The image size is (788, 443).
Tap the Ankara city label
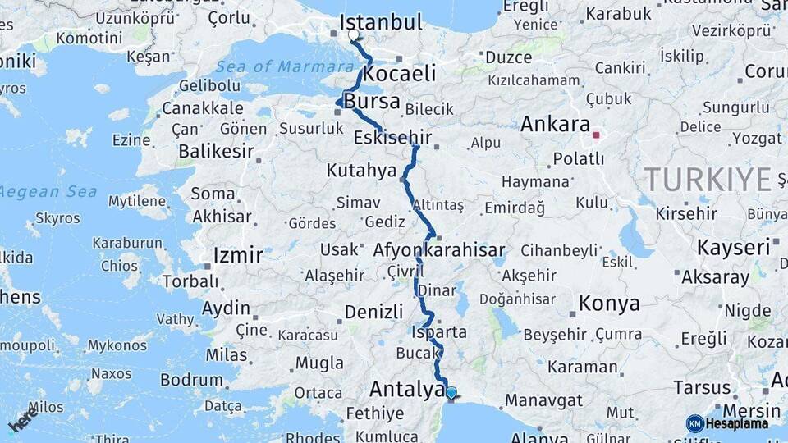(555, 125)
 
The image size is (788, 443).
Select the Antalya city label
(406, 389)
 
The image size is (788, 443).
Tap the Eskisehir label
(392, 137)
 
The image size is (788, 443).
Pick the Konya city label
(608, 304)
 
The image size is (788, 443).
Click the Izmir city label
(237, 254)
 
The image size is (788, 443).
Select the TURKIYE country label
(708, 179)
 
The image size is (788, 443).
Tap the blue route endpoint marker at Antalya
(451, 392)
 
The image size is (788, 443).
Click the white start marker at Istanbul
(354, 35)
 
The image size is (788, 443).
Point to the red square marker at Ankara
(598, 135)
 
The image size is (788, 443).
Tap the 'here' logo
(24, 422)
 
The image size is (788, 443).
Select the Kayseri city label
(733, 247)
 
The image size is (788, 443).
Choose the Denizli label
(373, 312)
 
